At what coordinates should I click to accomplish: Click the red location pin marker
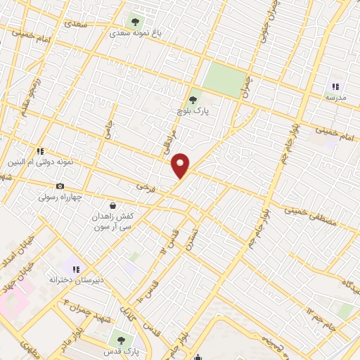[x=181, y=165]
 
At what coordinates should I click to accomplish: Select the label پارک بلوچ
[x=194, y=111]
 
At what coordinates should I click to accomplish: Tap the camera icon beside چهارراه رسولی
[x=60, y=186]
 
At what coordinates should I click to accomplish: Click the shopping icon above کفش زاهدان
[x=112, y=205]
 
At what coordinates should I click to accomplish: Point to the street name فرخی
[x=145, y=187]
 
